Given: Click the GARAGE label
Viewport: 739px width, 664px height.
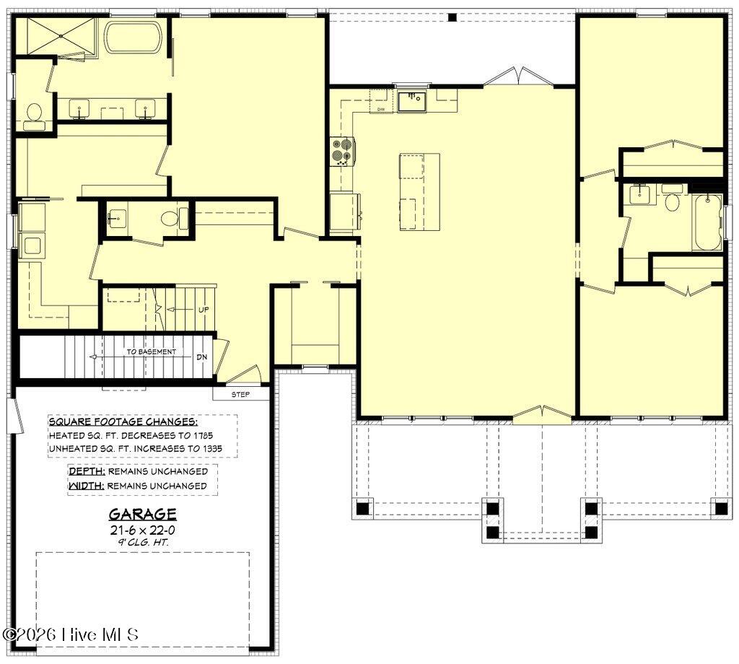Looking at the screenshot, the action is tap(143, 514).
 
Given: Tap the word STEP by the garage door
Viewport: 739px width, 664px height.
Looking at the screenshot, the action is tap(240, 395).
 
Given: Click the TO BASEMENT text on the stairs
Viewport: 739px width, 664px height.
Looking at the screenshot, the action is tap(152, 351).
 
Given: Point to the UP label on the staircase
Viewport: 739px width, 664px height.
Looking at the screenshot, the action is tap(204, 310).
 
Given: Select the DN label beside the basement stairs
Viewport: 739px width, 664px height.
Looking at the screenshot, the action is tap(202, 357).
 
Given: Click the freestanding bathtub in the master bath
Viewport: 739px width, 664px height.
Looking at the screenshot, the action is tap(134, 37).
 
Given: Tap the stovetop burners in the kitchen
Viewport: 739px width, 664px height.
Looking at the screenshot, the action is tap(341, 152).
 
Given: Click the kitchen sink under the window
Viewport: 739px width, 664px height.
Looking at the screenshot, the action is tap(411, 102).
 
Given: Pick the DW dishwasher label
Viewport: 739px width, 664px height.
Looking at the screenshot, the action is tap(381, 109).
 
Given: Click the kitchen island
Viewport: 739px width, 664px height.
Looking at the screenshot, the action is tap(419, 192).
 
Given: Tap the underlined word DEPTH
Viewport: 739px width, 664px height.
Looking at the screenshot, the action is tap(87, 471).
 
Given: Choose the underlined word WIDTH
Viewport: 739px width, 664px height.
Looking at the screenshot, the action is tap(87, 486).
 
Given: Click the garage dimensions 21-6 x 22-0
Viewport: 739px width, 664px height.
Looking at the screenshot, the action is tap(143, 530).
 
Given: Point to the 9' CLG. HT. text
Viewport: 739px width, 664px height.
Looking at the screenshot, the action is tap(143, 542).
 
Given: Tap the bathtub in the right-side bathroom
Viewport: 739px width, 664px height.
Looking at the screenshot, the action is tap(707, 222).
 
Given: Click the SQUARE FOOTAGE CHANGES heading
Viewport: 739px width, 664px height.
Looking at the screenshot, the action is tap(123, 421).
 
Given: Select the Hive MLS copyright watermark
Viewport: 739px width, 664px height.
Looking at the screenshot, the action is tap(71, 634).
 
